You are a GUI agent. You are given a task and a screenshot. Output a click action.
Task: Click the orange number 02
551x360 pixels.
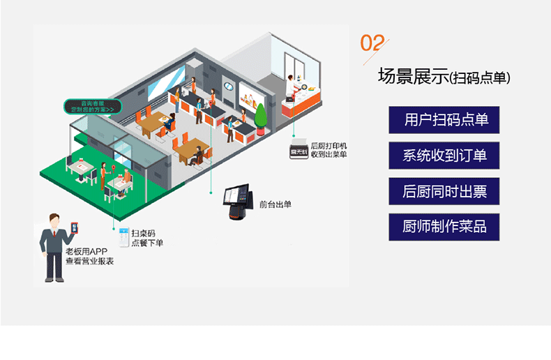[372, 43]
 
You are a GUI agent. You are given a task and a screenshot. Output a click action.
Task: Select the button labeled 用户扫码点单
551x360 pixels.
[444, 120]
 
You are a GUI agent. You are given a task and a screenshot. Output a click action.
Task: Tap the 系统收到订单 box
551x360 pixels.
[444, 156]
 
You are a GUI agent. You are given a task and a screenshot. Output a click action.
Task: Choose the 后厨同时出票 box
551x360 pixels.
[444, 191]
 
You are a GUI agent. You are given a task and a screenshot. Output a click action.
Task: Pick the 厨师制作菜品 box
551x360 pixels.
[444, 227]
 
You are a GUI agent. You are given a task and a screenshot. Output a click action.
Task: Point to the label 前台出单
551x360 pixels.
[275, 204]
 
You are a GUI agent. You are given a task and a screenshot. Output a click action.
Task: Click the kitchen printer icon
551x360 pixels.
[299, 151]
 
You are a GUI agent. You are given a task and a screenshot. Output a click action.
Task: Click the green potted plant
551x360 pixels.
[260, 117]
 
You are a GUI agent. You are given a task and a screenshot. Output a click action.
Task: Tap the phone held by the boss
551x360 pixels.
[75, 230]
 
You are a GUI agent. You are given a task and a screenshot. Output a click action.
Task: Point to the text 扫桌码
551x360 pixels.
[142, 232]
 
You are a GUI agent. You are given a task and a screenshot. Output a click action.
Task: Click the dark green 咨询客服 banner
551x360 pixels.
[93, 107]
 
